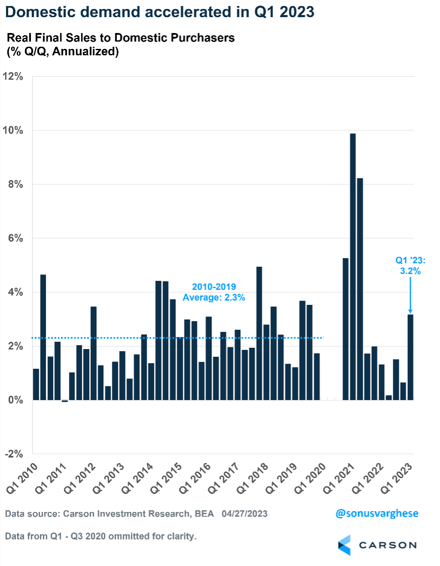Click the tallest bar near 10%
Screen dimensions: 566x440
point(353,266)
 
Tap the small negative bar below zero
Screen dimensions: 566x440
point(65,401)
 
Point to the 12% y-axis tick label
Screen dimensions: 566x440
point(13,77)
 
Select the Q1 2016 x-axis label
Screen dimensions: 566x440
point(196,478)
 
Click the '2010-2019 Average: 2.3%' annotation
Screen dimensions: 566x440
point(214,292)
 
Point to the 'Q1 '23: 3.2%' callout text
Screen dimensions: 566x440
point(410,265)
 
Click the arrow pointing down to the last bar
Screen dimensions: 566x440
point(410,296)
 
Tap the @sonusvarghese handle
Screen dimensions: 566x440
point(377,513)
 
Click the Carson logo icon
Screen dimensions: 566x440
point(344,545)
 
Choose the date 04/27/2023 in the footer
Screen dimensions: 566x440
point(244,514)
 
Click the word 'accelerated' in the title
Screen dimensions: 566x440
point(182,12)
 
